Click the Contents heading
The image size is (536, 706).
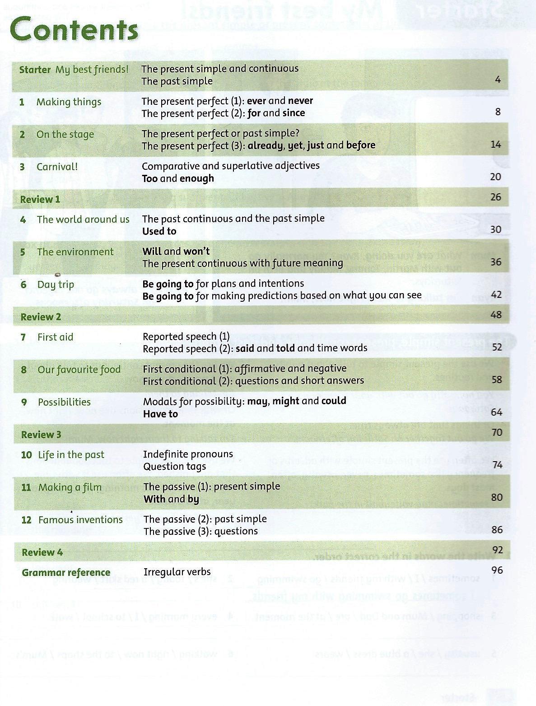point(74,29)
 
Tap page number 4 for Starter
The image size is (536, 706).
point(498,80)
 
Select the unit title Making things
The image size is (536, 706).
point(69,102)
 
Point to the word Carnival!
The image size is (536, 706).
point(57,167)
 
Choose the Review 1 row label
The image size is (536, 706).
point(40,199)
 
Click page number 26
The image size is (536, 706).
point(495,197)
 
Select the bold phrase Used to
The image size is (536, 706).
point(159,231)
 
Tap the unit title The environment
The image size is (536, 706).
point(75,252)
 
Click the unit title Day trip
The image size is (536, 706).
point(56,285)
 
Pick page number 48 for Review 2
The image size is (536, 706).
point(496,314)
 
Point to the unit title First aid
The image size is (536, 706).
point(55,337)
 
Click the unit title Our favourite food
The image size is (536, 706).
point(79,369)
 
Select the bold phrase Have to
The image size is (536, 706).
point(160,414)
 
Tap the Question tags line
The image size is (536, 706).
point(174,467)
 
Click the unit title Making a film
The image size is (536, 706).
point(70,487)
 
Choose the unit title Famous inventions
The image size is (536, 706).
point(80,520)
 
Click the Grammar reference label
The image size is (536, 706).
point(66,573)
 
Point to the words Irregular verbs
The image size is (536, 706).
point(177,572)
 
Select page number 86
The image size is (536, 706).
point(497,530)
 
